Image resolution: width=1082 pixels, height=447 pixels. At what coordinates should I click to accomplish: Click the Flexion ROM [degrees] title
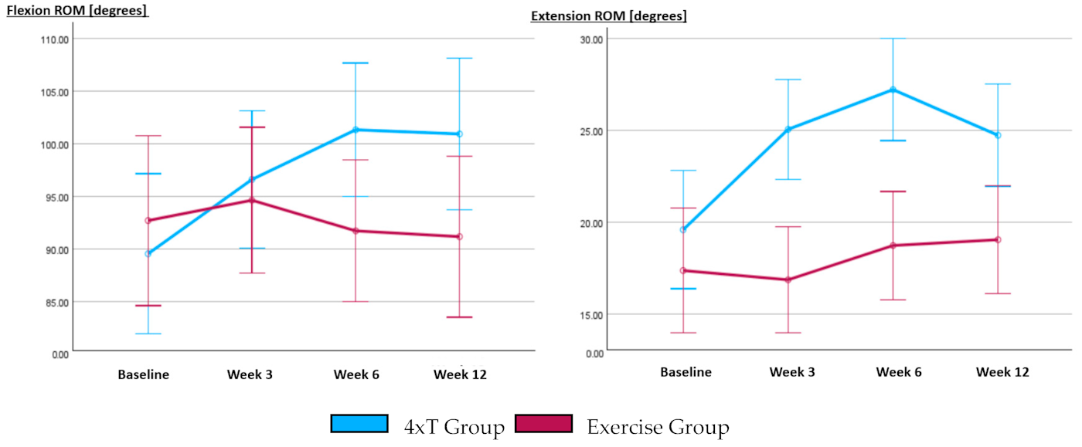tap(77, 12)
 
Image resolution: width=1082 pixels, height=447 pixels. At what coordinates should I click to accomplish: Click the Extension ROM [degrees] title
tap(608, 15)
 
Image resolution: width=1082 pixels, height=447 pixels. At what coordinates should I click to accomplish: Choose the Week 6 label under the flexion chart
tap(356, 375)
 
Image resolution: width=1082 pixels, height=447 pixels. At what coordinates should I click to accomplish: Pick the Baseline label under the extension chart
tap(686, 372)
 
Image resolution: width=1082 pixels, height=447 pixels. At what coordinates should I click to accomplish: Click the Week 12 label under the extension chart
tap(1002, 372)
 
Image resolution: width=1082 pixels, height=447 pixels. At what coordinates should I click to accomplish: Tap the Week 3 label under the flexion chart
tap(250, 375)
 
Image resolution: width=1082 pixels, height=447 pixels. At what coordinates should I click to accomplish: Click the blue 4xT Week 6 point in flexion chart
tap(356, 130)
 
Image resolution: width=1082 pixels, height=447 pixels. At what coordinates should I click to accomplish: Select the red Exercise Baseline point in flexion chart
tap(148, 221)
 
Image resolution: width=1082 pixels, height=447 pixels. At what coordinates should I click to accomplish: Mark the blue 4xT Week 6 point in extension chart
tap(893, 90)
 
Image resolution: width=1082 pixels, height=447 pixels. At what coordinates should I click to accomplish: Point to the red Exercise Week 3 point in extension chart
tap(788, 279)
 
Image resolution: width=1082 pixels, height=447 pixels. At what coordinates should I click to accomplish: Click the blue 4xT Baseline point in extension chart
tap(683, 229)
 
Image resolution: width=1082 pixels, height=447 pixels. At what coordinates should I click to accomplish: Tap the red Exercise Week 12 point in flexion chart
tap(459, 236)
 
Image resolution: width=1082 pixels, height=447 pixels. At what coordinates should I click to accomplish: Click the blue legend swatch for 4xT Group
tap(359, 424)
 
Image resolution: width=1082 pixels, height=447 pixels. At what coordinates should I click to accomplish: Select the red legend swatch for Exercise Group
tap(543, 424)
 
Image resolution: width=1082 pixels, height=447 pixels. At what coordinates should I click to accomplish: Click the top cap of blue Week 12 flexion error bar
tap(459, 58)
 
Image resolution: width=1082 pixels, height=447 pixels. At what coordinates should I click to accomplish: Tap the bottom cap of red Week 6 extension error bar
tap(893, 300)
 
